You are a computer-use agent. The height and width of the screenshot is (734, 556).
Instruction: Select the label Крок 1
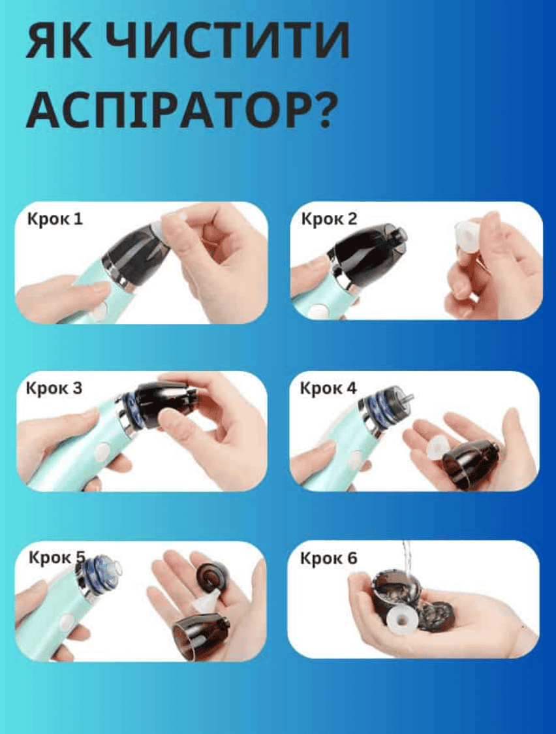55,219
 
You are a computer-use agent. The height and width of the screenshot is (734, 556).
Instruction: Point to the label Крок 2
329,219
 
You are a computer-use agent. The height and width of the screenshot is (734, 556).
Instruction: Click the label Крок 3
54,388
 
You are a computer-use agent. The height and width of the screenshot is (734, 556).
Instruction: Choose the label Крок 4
328,388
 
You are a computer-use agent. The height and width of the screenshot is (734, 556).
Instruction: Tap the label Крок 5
57,558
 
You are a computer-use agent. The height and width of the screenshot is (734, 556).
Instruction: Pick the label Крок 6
328,558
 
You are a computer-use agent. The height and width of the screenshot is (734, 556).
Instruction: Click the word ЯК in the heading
59,40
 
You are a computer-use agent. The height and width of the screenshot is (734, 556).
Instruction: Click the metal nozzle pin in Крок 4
407,397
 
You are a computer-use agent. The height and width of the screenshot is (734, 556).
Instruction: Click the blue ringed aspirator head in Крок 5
99,575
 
